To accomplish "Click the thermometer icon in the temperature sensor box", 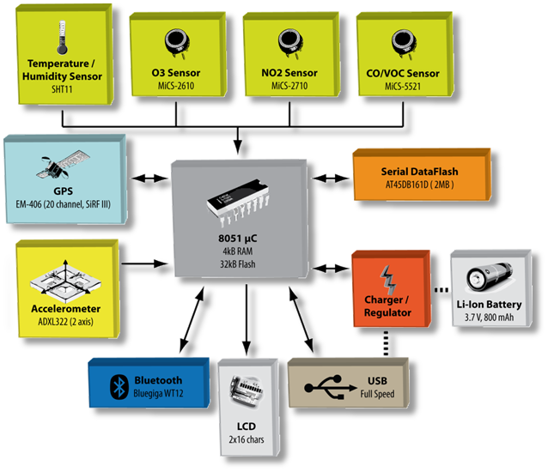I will (x=61, y=39).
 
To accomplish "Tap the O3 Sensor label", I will (x=177, y=74).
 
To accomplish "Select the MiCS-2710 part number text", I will (x=289, y=86).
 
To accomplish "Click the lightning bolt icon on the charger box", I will (x=388, y=277).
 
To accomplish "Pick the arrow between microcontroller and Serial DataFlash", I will (x=328, y=178).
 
